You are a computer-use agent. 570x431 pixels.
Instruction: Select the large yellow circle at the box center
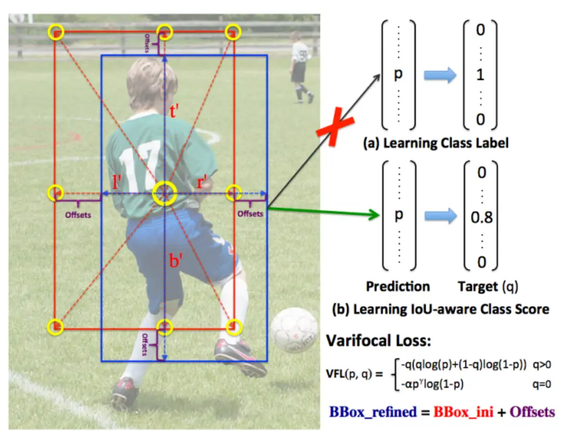165,193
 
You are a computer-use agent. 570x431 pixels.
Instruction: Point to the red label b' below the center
176,260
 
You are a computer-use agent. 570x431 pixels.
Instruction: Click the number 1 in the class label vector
481,75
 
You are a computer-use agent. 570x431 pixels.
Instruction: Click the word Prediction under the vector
398,286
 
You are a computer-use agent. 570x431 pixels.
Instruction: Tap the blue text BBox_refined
373,412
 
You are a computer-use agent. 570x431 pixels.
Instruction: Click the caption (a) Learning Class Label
435,143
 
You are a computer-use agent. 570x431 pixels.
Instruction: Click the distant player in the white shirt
300,64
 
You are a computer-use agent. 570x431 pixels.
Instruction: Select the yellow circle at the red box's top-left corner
56,31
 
